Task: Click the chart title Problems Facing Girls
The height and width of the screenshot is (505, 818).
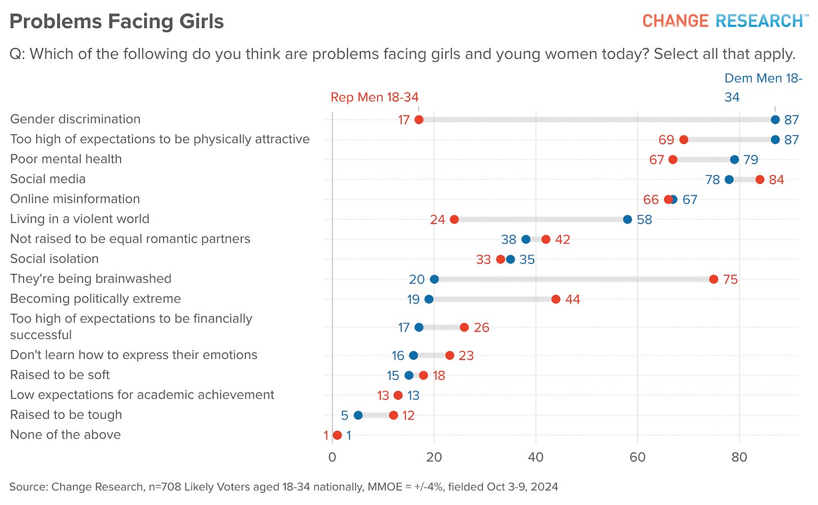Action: tap(117, 21)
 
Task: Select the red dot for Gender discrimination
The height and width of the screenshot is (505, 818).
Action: tap(419, 120)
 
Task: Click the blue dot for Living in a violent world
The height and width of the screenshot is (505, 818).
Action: tap(628, 219)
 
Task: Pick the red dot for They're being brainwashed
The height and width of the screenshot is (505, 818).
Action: tap(714, 279)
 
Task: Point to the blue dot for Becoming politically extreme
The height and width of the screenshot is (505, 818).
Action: tap(429, 299)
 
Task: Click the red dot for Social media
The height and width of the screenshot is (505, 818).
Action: tap(760, 179)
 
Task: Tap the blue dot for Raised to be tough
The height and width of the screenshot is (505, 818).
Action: tap(358, 415)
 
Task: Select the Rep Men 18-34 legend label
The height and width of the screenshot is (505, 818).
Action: tap(374, 97)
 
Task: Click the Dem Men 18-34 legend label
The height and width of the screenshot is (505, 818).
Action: tap(763, 87)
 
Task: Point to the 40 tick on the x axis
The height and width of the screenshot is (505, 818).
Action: tap(535, 457)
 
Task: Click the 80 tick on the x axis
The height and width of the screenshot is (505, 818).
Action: tap(739, 457)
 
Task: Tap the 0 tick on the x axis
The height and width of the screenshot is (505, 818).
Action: tap(332, 457)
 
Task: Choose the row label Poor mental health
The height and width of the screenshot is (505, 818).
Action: tap(66, 159)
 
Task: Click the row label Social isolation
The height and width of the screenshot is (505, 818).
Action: tap(54, 258)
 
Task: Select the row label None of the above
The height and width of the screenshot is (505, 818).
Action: tap(65, 434)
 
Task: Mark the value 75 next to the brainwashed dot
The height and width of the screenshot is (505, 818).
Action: tap(730, 279)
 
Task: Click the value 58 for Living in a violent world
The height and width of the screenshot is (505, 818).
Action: tap(644, 220)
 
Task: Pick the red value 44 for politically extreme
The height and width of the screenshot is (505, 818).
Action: tap(572, 299)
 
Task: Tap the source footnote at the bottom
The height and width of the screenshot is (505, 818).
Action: tap(283, 486)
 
